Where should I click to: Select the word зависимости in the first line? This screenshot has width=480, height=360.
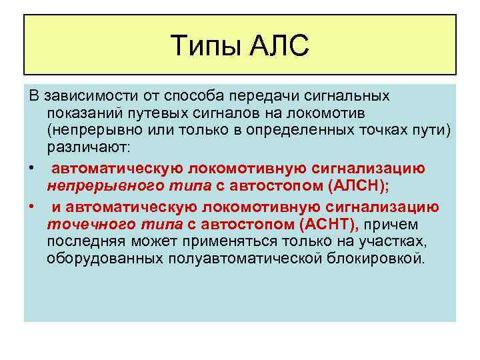80,97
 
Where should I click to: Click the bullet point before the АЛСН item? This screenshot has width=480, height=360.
32,165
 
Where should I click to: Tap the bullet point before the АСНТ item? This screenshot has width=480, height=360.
32,207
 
